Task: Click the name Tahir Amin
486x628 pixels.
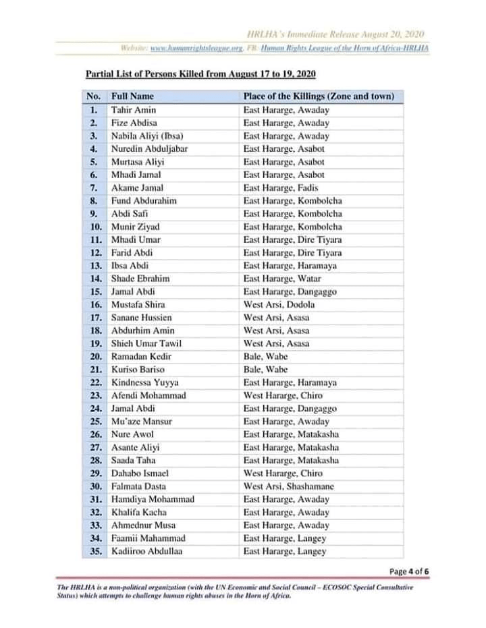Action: point(133,110)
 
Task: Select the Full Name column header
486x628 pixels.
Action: point(132,96)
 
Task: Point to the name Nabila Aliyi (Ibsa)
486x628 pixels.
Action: point(147,136)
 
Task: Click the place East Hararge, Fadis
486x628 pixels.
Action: point(280,188)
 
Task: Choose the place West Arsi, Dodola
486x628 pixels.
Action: point(279,304)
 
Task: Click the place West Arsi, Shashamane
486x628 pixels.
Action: point(289,486)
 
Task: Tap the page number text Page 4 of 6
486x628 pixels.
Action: point(410,571)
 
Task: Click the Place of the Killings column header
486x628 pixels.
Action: point(319,96)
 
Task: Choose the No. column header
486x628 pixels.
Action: point(93,96)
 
